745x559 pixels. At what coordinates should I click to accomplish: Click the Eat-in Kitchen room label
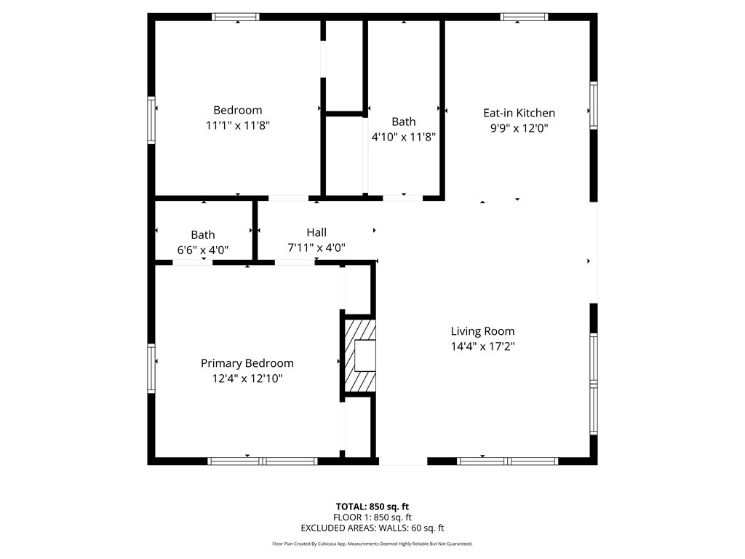(519, 113)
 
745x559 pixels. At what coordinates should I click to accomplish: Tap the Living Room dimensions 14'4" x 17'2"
(482, 346)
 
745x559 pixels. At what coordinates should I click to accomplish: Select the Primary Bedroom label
(247, 363)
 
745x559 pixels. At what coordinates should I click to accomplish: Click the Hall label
(316, 232)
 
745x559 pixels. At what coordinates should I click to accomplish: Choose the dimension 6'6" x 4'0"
(203, 250)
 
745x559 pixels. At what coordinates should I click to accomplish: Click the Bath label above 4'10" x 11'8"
(404, 122)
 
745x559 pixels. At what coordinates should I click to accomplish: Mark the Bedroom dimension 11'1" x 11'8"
(238, 125)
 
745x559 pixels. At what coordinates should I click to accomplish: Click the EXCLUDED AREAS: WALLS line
(372, 528)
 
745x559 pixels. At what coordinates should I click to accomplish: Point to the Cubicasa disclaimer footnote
(372, 544)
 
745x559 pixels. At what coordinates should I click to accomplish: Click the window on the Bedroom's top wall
(236, 17)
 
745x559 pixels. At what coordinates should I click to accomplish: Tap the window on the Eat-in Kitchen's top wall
(524, 17)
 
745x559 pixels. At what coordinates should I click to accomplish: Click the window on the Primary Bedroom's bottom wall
(263, 461)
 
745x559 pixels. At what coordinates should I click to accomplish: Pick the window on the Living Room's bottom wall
(507, 461)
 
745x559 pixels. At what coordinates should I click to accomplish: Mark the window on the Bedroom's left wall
(152, 120)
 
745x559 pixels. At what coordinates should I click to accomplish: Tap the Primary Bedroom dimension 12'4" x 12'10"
(247, 378)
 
